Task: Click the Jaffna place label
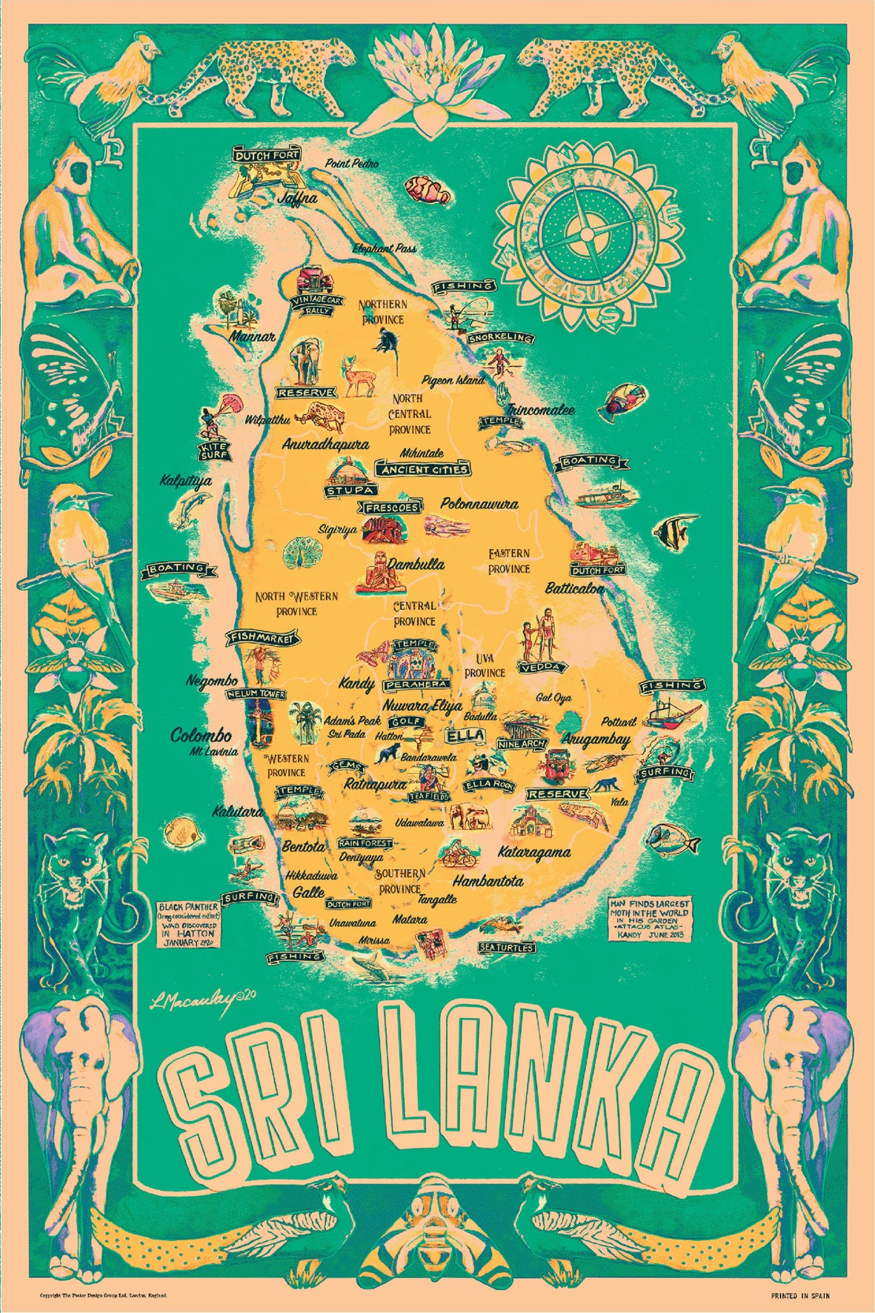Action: click(x=297, y=199)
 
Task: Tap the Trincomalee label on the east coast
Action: click(x=540, y=409)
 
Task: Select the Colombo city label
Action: click(x=201, y=736)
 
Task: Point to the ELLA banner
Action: click(x=465, y=736)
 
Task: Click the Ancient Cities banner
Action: click(x=423, y=469)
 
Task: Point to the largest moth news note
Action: click(x=649, y=920)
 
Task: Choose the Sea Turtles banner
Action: click(x=507, y=947)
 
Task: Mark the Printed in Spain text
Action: click(x=800, y=1295)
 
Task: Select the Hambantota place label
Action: click(x=488, y=881)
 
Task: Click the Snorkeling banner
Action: click(x=501, y=338)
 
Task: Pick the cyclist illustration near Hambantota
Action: click(x=457, y=854)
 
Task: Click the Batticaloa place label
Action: click(x=574, y=589)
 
